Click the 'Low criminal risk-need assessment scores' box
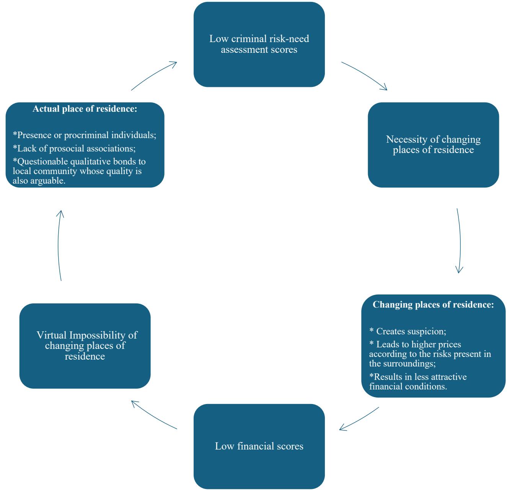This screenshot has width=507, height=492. tap(259, 44)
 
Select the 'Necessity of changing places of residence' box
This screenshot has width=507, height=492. tap(433, 145)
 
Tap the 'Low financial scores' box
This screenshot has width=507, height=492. tap(259, 446)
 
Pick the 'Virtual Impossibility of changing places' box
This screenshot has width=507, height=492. tap(85, 345)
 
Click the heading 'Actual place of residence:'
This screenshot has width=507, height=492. tap(85, 109)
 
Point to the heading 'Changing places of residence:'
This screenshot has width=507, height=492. tap(433, 305)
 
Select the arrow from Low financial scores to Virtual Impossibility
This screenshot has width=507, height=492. tap(154, 415)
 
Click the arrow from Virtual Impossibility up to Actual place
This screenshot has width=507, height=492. tap(59, 245)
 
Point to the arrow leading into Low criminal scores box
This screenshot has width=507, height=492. tap(154, 75)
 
